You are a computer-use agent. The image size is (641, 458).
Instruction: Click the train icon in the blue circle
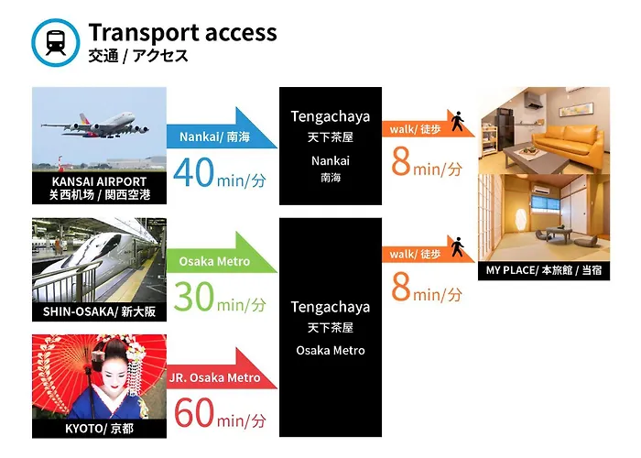56,42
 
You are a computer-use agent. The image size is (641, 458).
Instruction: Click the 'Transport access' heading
182,33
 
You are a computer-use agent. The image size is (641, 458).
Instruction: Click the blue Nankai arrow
222,130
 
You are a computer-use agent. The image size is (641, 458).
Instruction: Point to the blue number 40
193,172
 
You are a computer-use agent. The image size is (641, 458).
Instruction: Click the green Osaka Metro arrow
222,255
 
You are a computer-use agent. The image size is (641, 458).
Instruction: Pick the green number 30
193,297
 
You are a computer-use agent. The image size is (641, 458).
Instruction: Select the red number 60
194,413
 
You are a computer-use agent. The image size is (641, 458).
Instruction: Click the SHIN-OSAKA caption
99,312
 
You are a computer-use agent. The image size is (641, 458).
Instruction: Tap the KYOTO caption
99,429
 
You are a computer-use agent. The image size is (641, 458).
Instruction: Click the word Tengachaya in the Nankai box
331,117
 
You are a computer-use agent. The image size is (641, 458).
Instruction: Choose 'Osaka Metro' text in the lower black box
331,351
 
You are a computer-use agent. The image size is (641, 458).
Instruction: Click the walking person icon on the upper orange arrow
457,121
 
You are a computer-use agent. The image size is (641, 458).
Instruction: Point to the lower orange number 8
401,287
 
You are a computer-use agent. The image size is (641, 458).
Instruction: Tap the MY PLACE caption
544,270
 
